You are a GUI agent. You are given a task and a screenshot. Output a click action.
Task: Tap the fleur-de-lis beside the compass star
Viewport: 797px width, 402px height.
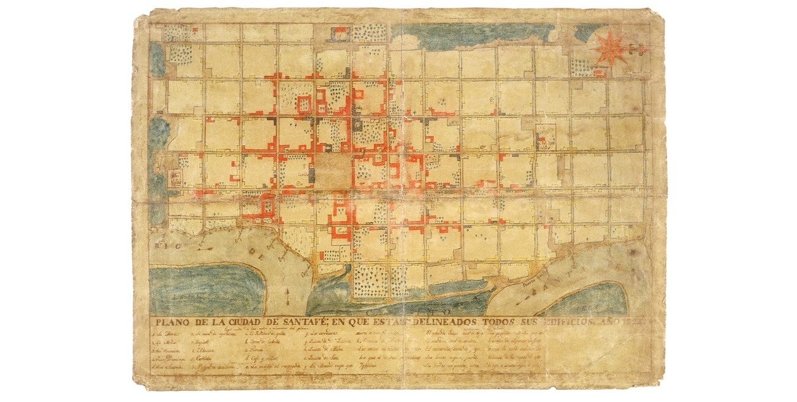pos(638,49)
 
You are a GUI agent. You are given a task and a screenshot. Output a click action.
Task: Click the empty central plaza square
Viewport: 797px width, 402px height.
pos(332,169)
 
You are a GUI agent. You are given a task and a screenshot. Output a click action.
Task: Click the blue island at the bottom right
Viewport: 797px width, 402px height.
pos(591,299)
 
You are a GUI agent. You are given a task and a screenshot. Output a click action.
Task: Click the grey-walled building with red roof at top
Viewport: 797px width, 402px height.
pos(339,33)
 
